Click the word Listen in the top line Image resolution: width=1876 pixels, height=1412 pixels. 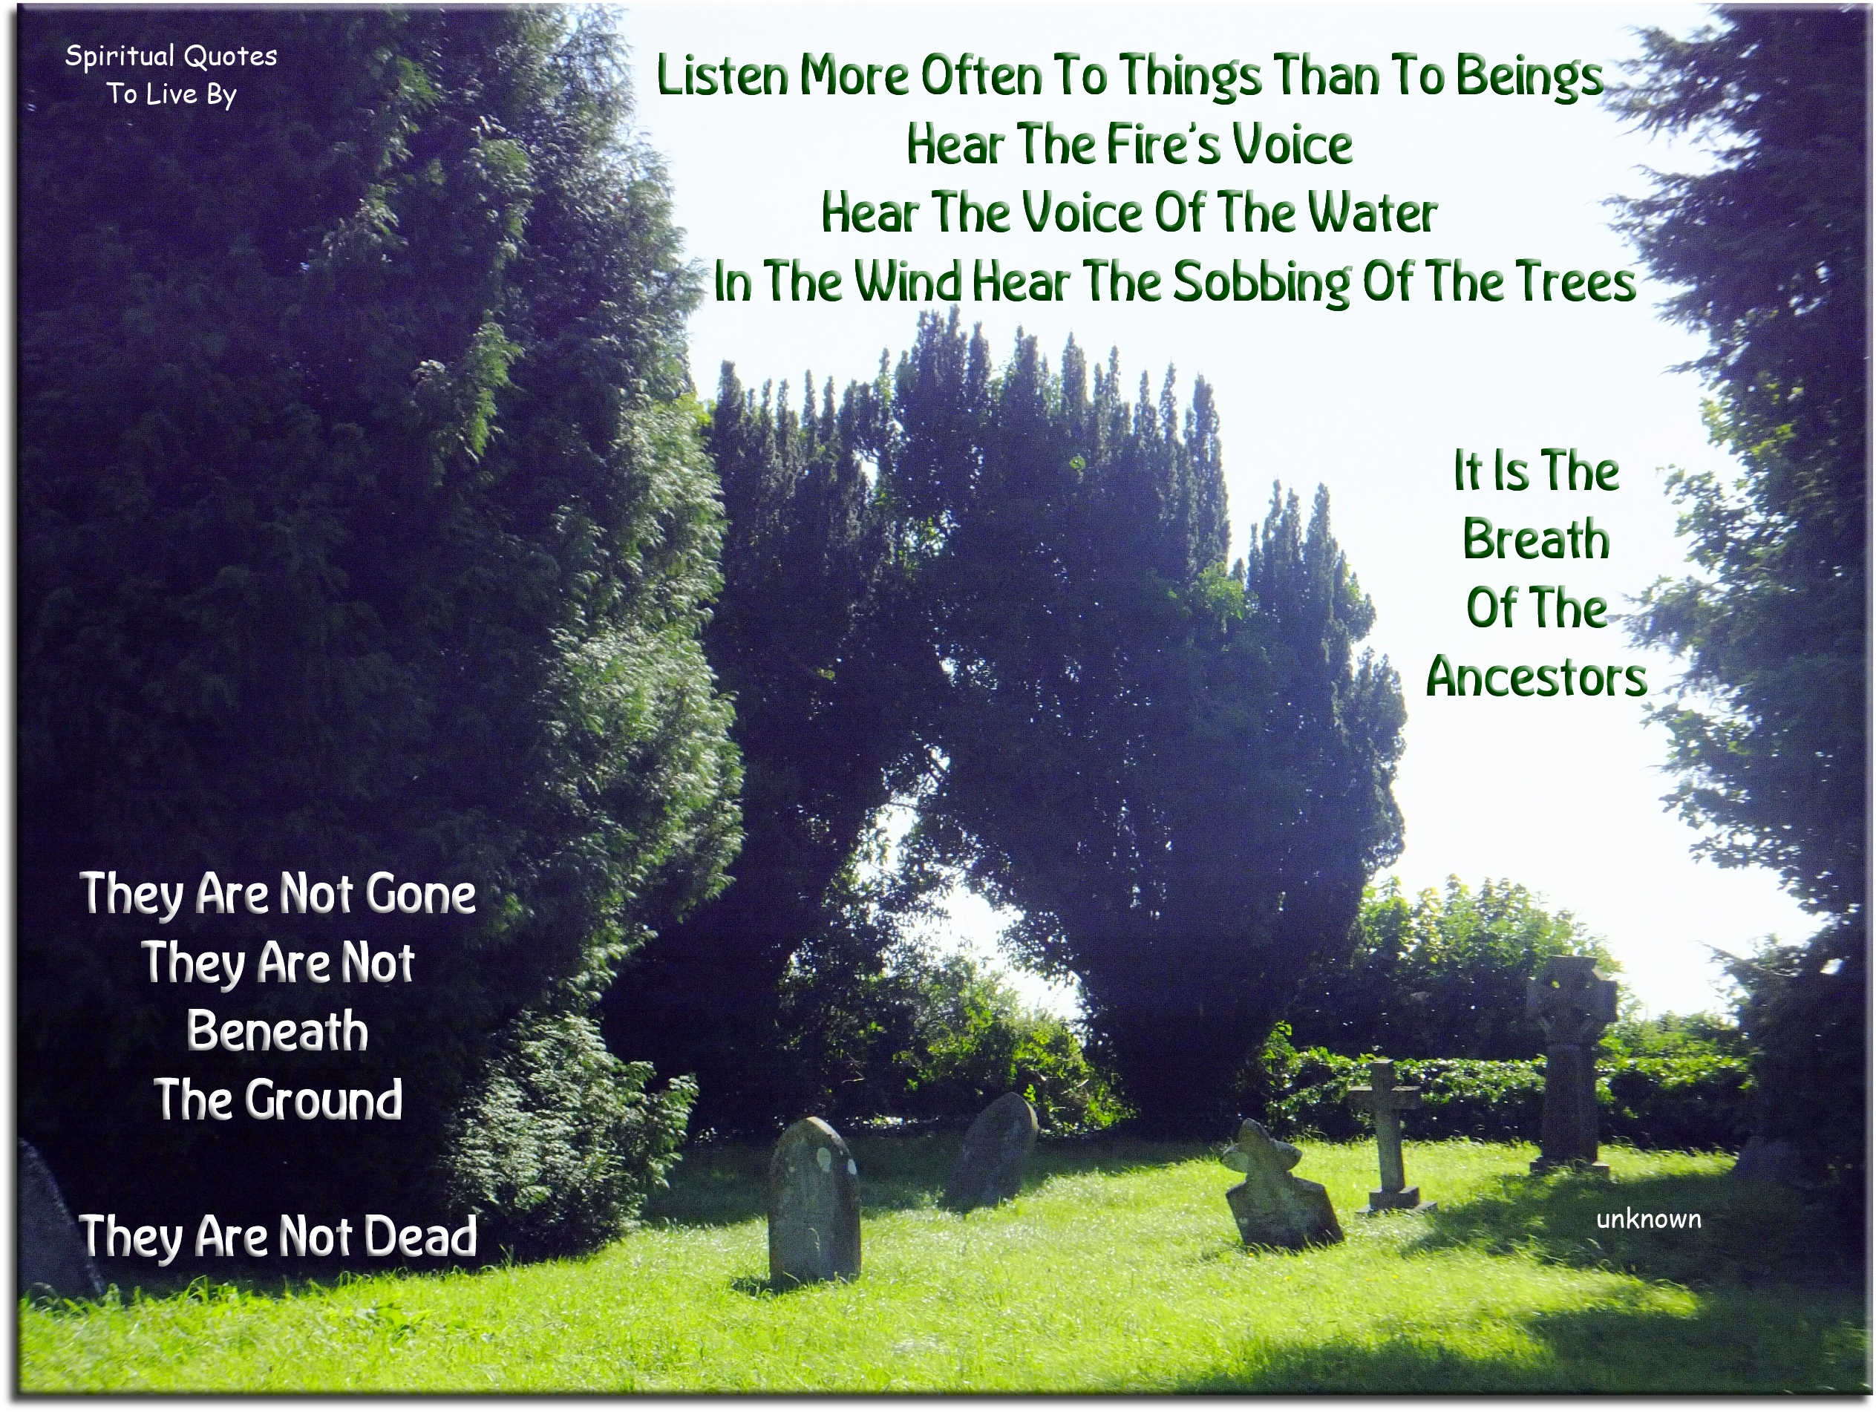tap(722, 76)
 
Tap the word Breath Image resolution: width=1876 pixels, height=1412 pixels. tap(1536, 540)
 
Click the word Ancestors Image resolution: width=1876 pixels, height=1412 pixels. tap(1536, 678)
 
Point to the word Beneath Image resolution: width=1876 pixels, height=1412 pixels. tap(278, 1032)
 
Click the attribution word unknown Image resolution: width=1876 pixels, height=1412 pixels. tap(1648, 1220)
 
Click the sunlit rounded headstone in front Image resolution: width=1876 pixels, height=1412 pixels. tap(814, 1200)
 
